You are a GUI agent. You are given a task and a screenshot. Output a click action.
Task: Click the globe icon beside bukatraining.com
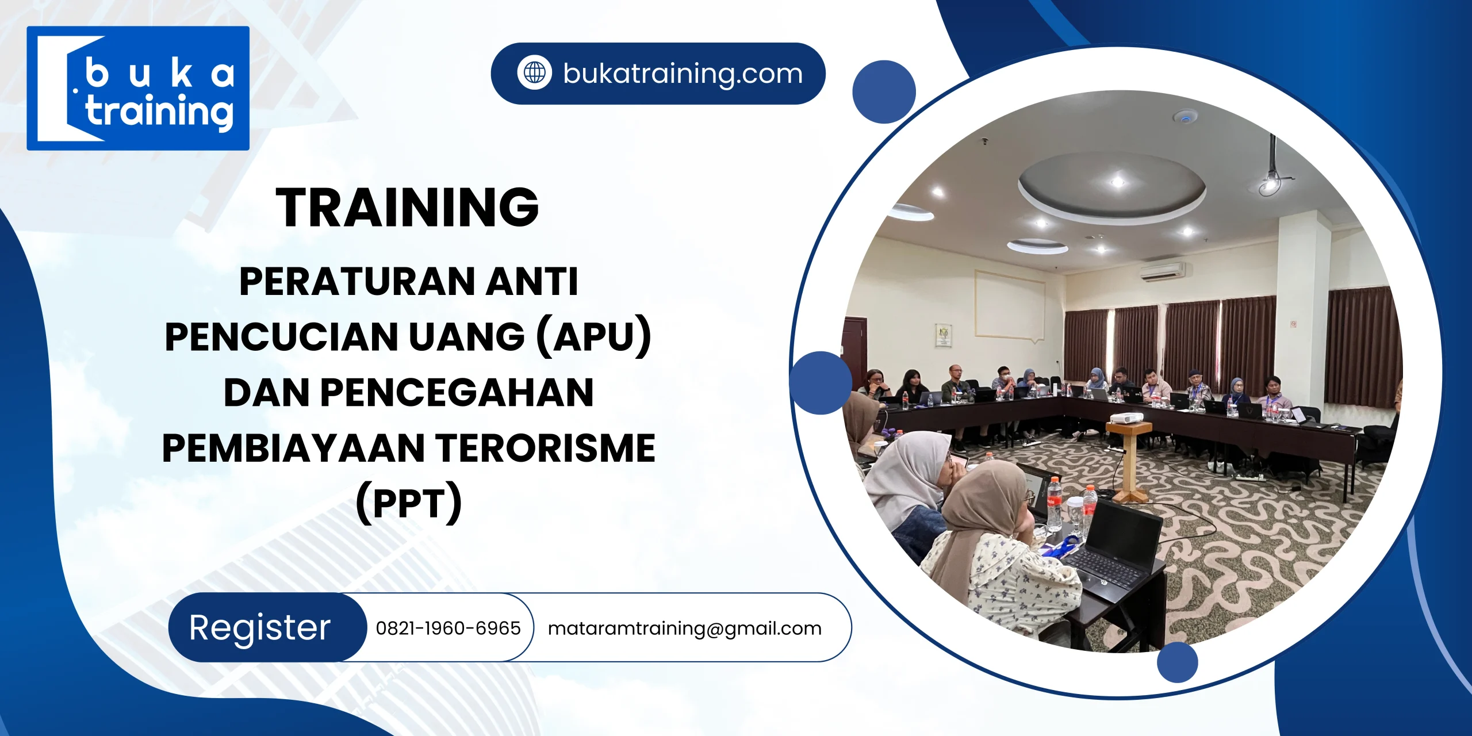(534, 73)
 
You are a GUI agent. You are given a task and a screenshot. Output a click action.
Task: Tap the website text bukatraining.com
(683, 74)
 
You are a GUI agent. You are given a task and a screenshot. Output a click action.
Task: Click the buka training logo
(138, 89)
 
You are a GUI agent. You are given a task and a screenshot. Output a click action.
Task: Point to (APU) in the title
(593, 336)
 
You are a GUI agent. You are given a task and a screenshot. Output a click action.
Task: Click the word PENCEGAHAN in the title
(457, 393)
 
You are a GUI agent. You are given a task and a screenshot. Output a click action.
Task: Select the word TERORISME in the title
(545, 448)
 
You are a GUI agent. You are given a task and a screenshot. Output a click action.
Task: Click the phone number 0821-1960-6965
(448, 628)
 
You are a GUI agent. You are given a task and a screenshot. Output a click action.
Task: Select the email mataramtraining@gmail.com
(684, 628)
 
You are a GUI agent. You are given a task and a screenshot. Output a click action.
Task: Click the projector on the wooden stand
(1125, 418)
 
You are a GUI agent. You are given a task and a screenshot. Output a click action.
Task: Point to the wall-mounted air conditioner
(1162, 271)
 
